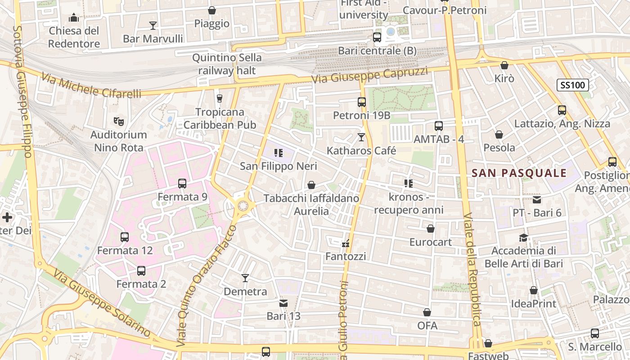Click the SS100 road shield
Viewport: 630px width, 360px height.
(x=573, y=85)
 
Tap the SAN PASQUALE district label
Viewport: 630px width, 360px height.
(x=519, y=173)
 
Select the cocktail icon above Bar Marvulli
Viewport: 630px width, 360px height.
(x=153, y=25)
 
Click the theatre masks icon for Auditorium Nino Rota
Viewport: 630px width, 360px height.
(x=119, y=121)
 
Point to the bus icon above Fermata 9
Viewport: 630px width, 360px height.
(x=182, y=184)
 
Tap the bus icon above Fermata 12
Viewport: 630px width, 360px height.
(x=125, y=237)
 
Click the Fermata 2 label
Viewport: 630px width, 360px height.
(x=141, y=284)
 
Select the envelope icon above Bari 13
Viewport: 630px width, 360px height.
(x=283, y=303)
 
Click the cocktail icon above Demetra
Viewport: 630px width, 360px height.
(x=245, y=278)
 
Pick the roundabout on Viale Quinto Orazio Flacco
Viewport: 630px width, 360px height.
(x=243, y=206)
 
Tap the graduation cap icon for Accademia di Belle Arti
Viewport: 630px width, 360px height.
(x=523, y=238)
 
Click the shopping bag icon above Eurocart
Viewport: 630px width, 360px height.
(x=431, y=229)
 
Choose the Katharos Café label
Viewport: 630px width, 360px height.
(x=361, y=150)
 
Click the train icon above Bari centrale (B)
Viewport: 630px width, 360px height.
(x=377, y=37)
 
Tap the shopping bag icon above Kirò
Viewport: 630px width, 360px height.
(x=504, y=65)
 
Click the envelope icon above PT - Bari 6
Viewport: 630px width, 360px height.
(x=537, y=199)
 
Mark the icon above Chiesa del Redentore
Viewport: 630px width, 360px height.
(x=74, y=18)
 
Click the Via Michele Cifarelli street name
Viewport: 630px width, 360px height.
(x=91, y=86)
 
